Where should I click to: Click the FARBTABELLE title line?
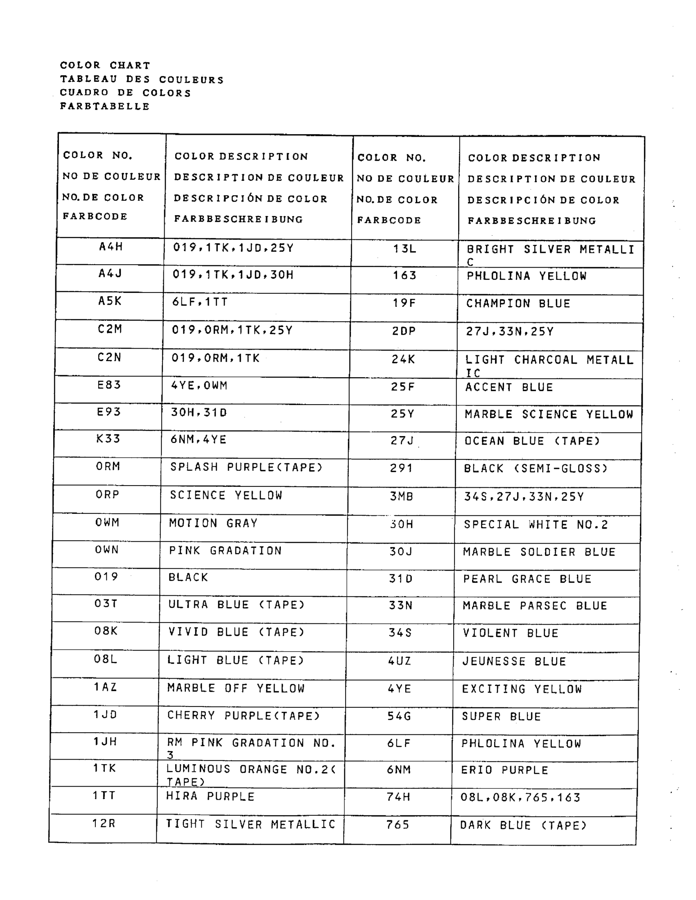tap(105, 106)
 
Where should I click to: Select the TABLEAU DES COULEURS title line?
tap(142, 79)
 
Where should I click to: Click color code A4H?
tap(111, 247)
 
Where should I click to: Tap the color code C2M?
tap(110, 329)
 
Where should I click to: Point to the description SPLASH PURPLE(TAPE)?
tap(246, 467)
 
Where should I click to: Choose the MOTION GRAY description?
tap(213, 523)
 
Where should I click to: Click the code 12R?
tap(104, 824)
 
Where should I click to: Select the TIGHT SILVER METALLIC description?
tap(251, 824)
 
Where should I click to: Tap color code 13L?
tap(404, 249)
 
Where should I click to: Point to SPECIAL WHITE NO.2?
tap(536, 524)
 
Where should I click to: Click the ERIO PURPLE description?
tap(505, 770)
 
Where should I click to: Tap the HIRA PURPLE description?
tap(210, 796)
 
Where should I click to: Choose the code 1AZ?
tap(106, 687)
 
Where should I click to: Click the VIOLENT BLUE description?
tap(511, 633)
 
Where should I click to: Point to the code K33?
tap(108, 439)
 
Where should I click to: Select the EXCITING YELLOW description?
tap(522, 689)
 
